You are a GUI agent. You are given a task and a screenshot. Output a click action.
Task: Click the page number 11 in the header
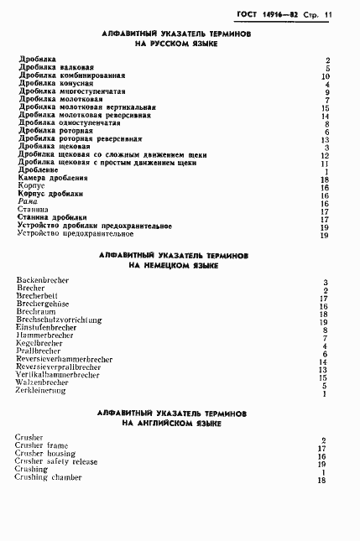point(329,14)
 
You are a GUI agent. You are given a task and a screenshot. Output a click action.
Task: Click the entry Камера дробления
point(52,179)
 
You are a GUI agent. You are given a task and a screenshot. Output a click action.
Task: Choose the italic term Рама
point(29,202)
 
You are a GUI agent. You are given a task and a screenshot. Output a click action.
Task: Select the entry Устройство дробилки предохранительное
point(95,226)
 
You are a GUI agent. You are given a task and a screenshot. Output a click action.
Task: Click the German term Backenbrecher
point(43,279)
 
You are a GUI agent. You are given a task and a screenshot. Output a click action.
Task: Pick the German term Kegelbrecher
point(39,342)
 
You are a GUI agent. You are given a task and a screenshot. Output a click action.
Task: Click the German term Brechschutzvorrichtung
point(59,319)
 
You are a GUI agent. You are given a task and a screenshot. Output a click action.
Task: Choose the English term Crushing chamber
point(49,477)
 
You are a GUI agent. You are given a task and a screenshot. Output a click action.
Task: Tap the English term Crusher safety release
point(56,461)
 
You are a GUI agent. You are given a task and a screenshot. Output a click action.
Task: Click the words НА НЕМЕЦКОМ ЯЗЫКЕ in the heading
point(174,265)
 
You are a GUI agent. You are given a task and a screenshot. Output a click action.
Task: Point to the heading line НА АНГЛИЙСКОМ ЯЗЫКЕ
point(173,424)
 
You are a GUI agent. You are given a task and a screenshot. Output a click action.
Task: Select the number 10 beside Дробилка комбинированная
point(325,76)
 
